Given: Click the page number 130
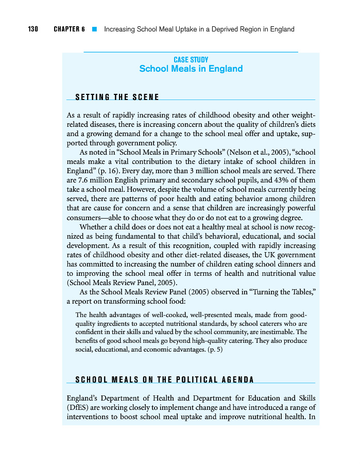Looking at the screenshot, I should pyautogui.click(x=33, y=29).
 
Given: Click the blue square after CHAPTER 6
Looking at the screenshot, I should pyautogui.click(x=94, y=29).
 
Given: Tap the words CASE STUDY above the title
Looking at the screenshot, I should pyautogui.click(x=191, y=60).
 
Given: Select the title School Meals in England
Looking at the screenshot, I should pyautogui.click(x=191, y=69).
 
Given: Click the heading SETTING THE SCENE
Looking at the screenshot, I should pyautogui.click(x=117, y=97).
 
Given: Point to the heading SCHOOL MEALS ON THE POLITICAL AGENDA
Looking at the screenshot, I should pyautogui.click(x=165, y=380).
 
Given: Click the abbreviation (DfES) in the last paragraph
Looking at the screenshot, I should pyautogui.click(x=78, y=407).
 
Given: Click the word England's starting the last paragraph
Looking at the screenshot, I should pyautogui.click(x=84, y=398).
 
